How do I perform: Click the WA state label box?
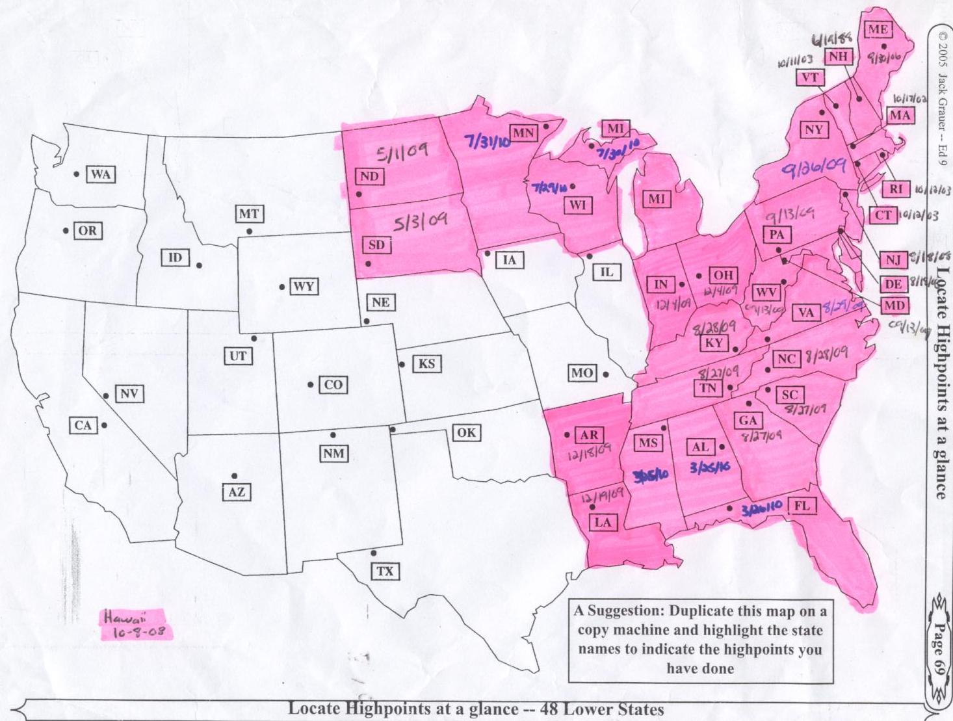100,174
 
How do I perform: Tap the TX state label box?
385,571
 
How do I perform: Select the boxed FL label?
802,506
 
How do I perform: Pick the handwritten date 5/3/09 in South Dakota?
421,222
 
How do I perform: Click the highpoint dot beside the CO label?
311,385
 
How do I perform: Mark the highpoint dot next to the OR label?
66,231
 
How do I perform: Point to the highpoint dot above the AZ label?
234,477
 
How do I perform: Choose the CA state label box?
83,426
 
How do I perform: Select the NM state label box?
333,453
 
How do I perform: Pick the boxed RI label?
896,189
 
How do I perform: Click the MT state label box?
248,214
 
